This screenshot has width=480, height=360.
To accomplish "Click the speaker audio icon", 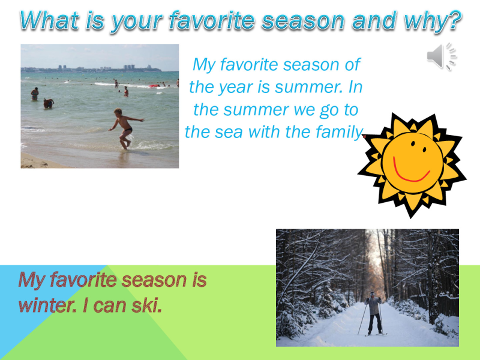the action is click(x=442, y=56).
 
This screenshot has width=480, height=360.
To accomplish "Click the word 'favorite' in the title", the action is click(x=212, y=20).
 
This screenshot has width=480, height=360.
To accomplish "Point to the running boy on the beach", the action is click(x=125, y=128).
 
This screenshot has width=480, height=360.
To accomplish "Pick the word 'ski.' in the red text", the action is click(x=147, y=305).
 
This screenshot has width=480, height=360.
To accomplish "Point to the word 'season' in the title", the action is click(x=303, y=20).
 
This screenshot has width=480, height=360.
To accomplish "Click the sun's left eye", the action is click(x=413, y=143).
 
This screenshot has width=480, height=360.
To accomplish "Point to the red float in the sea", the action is click(x=154, y=86).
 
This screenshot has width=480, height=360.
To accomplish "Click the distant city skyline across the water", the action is click(x=92, y=68).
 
